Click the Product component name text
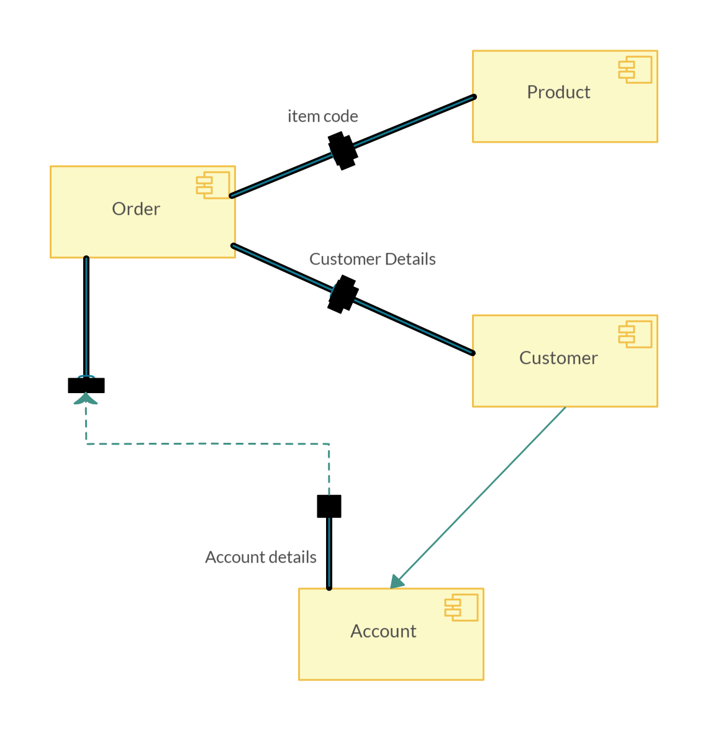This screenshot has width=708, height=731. [x=558, y=92]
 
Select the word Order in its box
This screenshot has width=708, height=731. [x=136, y=209]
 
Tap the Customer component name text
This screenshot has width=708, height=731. [x=558, y=358]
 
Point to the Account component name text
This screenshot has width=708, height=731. [x=383, y=631]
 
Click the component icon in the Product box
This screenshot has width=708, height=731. [x=635, y=70]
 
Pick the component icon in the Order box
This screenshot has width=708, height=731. [x=213, y=185]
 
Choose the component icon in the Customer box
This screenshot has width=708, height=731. [x=635, y=334]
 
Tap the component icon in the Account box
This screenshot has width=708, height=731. [x=461, y=607]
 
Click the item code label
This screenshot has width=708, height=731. [x=322, y=116]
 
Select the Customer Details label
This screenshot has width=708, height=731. [x=372, y=259]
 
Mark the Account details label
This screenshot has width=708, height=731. [x=260, y=557]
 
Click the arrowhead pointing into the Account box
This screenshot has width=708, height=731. [x=396, y=582]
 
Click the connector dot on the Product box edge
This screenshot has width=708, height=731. [x=474, y=97]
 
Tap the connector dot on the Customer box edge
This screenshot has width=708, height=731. [x=473, y=353]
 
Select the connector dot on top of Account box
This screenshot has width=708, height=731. [x=329, y=588]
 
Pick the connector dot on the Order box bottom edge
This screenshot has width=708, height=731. [x=86, y=258]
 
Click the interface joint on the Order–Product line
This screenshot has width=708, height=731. [x=340, y=147]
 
